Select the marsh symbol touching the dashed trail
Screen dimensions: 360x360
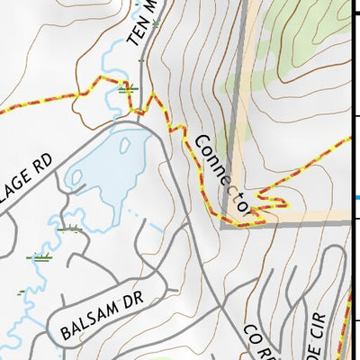click(x=127, y=88)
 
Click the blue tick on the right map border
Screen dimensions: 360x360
click(x=356, y=199)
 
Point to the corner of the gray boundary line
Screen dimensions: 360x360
click(x=223, y=225)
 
